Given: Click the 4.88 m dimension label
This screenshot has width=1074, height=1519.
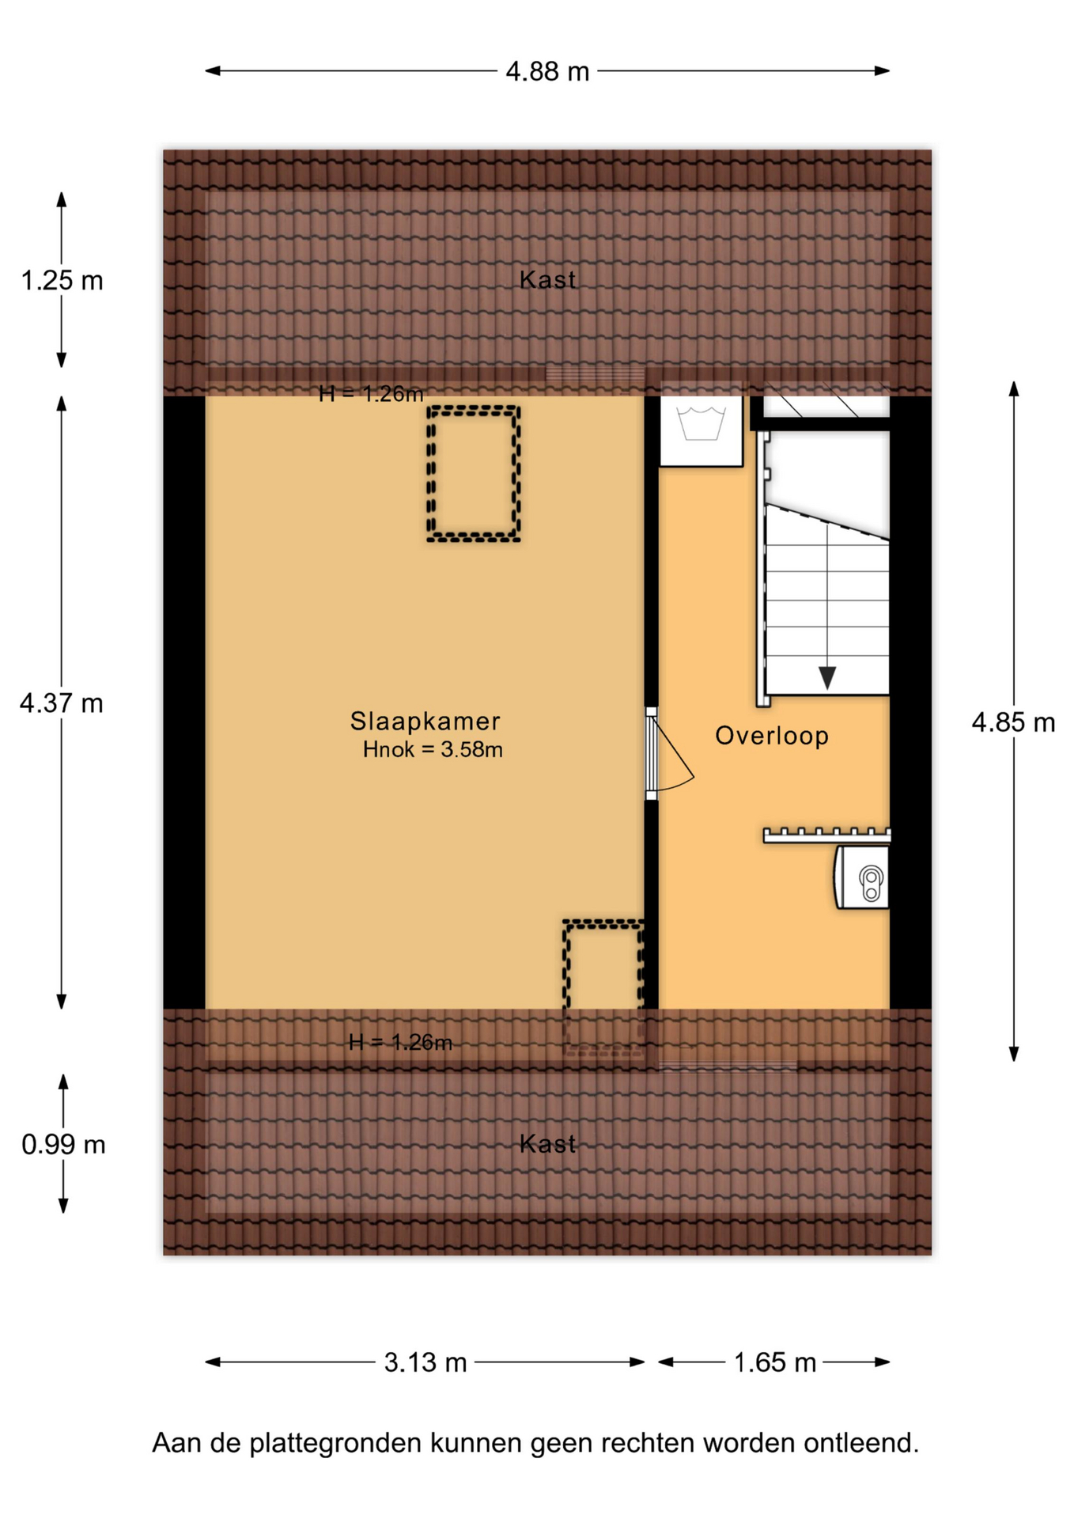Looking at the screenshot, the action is pyautogui.click(x=547, y=72).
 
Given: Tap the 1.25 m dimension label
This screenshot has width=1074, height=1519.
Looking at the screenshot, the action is pyautogui.click(x=62, y=281).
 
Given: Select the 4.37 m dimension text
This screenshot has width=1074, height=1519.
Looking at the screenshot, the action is pyautogui.click(x=62, y=703).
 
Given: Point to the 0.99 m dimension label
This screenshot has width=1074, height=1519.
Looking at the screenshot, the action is pyautogui.click(x=63, y=1145).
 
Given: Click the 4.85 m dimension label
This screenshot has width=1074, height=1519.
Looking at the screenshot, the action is pyautogui.click(x=1013, y=722).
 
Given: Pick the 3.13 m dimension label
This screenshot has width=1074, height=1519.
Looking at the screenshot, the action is pyautogui.click(x=425, y=1362).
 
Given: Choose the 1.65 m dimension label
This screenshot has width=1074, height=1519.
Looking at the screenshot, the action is pyautogui.click(x=774, y=1362).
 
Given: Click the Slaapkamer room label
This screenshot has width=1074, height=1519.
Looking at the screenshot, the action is pyautogui.click(x=425, y=722).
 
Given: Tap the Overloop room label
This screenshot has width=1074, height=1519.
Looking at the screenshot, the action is pyautogui.click(x=772, y=736).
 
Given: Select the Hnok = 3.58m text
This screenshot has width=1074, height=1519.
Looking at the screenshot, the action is pyautogui.click(x=433, y=750).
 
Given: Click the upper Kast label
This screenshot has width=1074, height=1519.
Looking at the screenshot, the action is pyautogui.click(x=547, y=280).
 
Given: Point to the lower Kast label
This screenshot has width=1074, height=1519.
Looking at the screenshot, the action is pyautogui.click(x=547, y=1144).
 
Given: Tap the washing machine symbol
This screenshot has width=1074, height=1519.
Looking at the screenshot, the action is pyautogui.click(x=701, y=431).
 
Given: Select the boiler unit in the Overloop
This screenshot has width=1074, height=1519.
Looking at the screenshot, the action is pyautogui.click(x=862, y=877).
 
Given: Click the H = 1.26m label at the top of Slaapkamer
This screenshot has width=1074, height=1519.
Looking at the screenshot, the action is pyautogui.click(x=371, y=394).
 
